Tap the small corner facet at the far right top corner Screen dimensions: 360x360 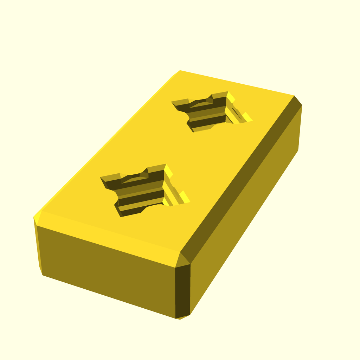pyautogui.click(x=297, y=101)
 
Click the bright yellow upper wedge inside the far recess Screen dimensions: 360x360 pyautogui.click(x=230, y=96)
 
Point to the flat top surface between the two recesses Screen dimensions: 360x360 pyautogui.click(x=176, y=151)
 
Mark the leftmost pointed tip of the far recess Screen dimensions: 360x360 pyautogui.click(x=173, y=103)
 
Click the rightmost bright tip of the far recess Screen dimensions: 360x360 pyautogui.click(x=250, y=120)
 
